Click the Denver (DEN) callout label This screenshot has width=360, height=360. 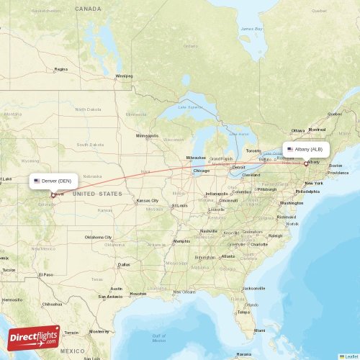point(53,181)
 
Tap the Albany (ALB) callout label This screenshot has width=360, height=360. point(307,150)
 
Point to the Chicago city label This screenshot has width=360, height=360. point(201,171)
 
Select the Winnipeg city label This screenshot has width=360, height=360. point(125,76)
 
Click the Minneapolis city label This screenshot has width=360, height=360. point(147,135)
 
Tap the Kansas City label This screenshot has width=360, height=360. point(148,200)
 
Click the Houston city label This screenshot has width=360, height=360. point(138,293)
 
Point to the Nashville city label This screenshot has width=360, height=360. point(210,230)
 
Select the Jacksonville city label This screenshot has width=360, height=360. point(253,288)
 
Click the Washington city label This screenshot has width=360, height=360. point(291,203)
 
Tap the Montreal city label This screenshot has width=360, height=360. point(318,130)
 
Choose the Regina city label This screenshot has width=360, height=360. point(60,69)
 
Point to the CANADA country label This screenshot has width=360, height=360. point(89,9)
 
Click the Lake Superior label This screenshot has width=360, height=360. point(191,107)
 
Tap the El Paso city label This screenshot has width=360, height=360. point(45,274)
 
